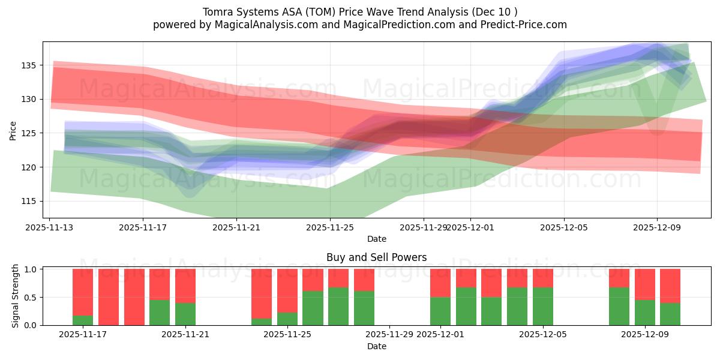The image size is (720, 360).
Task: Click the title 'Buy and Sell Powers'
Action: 376,257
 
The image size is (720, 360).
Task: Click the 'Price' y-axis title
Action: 13,130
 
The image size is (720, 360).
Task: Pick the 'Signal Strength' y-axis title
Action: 16,296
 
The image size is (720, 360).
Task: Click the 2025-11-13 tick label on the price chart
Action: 50,227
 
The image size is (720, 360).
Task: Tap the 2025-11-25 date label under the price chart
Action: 330,227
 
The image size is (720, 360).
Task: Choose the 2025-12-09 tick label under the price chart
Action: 656,227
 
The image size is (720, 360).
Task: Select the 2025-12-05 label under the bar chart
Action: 543,334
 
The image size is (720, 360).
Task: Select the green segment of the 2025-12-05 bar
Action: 543,306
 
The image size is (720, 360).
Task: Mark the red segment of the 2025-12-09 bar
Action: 645,284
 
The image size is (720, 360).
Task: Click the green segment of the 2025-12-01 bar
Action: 440,311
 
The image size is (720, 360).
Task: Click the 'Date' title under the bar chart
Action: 376,346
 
